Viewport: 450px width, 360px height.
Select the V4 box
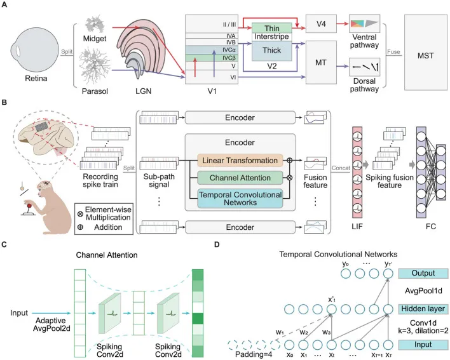click(321, 23)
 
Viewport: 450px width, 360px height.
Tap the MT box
click(321, 62)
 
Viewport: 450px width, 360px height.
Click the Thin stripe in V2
click(272, 28)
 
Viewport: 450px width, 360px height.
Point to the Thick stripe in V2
click(272, 51)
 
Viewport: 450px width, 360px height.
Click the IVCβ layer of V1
click(211, 58)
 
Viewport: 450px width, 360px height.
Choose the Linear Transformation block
click(240, 161)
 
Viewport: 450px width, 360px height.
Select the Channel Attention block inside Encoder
click(240, 178)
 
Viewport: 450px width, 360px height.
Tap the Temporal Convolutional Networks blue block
click(240, 198)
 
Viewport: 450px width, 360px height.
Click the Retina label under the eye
click(36, 78)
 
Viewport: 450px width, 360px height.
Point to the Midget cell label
click(95, 38)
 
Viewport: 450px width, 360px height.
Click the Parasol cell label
click(95, 91)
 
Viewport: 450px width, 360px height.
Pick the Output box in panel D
click(423, 274)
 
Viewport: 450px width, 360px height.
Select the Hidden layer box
click(423, 309)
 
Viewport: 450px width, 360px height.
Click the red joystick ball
click(29, 206)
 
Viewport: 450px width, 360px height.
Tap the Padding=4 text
click(254, 354)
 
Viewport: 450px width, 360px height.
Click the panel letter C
click(4, 244)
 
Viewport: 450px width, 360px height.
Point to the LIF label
click(357, 227)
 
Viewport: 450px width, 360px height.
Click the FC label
click(431, 227)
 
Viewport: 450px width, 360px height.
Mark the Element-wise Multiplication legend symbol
click(80, 214)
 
